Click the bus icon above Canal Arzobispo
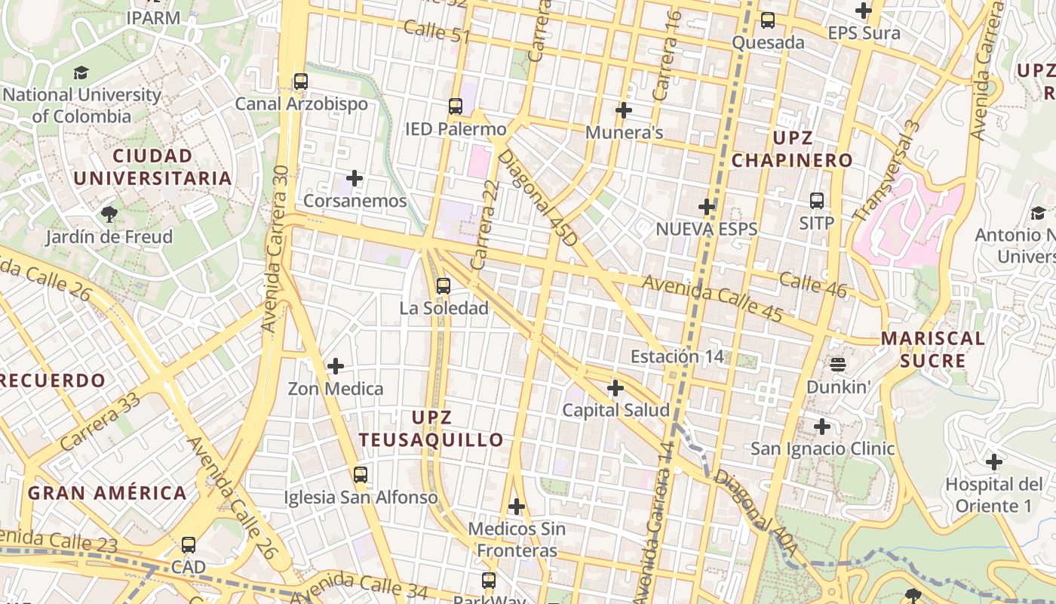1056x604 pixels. pyautogui.click(x=301, y=82)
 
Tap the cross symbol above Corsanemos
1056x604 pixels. pyautogui.click(x=354, y=179)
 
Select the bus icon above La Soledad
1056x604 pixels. pyautogui.click(x=443, y=286)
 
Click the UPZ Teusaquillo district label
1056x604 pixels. pyautogui.click(x=431, y=429)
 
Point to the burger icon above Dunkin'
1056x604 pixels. pyautogui.click(x=838, y=365)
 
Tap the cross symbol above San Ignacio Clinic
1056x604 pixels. pyautogui.click(x=822, y=427)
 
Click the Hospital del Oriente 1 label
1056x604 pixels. pyautogui.click(x=994, y=495)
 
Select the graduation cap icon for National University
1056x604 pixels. pyautogui.click(x=81, y=73)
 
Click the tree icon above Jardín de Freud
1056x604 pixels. pyautogui.click(x=109, y=214)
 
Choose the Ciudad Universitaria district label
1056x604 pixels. pyautogui.click(x=152, y=167)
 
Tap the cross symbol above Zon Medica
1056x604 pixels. pyautogui.click(x=336, y=366)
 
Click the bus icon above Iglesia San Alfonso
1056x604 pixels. pyautogui.click(x=361, y=475)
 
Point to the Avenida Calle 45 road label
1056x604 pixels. pyautogui.click(x=713, y=297)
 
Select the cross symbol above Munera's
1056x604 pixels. pyautogui.click(x=624, y=110)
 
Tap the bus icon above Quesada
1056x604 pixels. pyautogui.click(x=768, y=20)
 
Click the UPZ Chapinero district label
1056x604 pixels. pyautogui.click(x=792, y=149)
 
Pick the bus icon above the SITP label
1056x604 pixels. pyautogui.click(x=817, y=201)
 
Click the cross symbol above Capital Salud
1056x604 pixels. pyautogui.click(x=615, y=388)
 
